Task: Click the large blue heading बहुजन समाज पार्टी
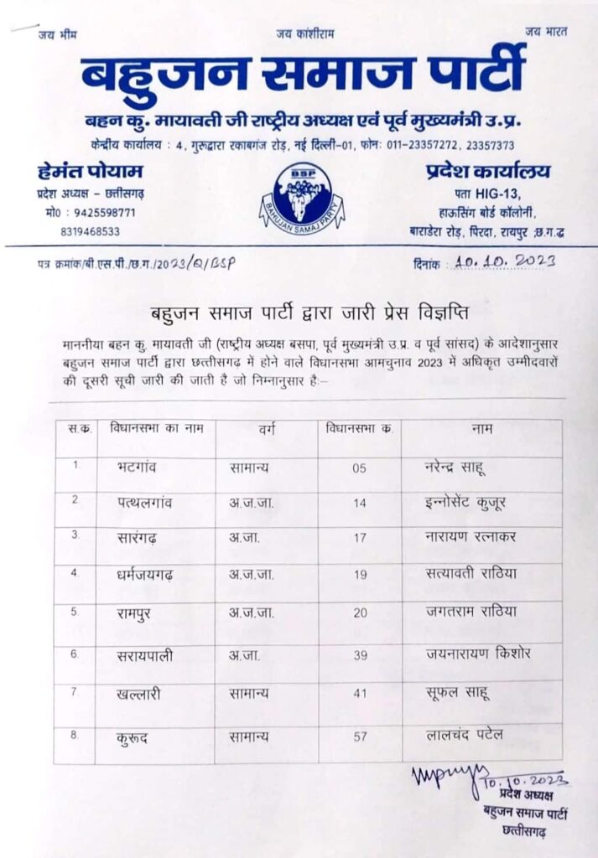(x=303, y=74)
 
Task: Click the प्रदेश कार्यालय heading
(x=483, y=171)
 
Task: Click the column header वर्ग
(x=268, y=429)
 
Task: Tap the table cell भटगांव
(x=138, y=468)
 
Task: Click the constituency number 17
(x=359, y=540)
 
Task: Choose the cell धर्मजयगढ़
(x=147, y=576)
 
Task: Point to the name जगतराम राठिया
(x=471, y=612)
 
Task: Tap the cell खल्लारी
(x=140, y=693)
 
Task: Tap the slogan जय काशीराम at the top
(x=304, y=33)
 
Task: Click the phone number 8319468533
(x=90, y=231)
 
